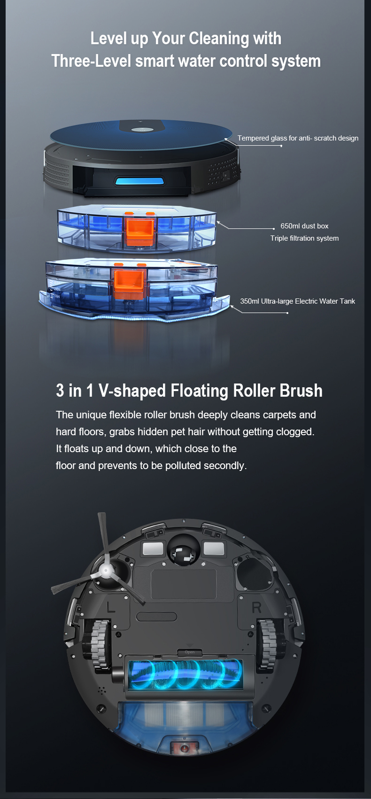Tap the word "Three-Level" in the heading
91,61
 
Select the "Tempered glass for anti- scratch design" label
298,138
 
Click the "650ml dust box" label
304,226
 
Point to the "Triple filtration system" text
304,238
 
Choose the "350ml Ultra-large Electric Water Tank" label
298,301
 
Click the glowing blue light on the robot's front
139,181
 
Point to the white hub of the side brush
106,571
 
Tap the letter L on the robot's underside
111,607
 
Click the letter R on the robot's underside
256,607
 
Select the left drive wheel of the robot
100,644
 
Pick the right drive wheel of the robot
267,644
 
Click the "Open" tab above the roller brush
190,652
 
